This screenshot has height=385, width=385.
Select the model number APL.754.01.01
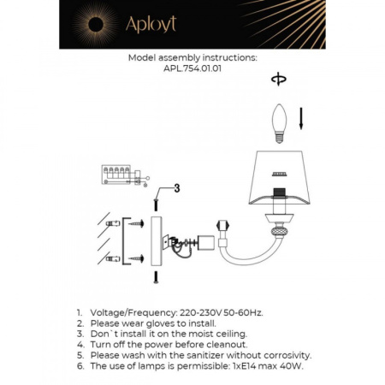[x=192, y=72]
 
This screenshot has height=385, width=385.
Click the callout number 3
[x=176, y=188]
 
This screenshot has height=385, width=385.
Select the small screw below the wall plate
[x=156, y=276]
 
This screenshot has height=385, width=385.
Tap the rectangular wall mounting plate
[x=156, y=240]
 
